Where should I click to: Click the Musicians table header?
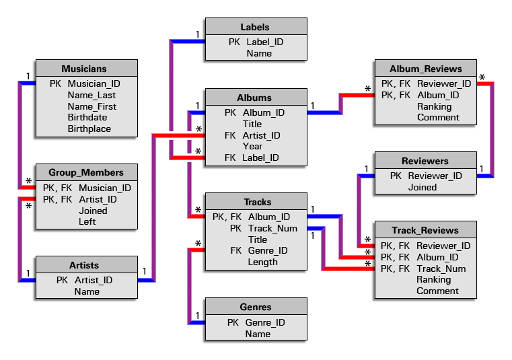84,69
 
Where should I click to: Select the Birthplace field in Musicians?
89,129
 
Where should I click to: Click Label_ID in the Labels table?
264,42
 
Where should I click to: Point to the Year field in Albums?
253,146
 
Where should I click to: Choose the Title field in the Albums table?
252,124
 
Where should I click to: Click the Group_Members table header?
86,172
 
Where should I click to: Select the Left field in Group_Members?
87,221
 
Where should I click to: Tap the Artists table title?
84,266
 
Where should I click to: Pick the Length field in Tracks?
262,262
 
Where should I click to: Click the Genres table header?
255,308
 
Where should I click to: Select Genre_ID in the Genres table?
265,322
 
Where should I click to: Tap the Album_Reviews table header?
426,69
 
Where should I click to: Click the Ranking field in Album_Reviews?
434,106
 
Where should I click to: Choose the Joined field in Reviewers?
423,187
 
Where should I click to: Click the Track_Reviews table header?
427,231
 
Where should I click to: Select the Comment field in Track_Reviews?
437,291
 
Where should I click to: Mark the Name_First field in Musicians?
92,106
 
